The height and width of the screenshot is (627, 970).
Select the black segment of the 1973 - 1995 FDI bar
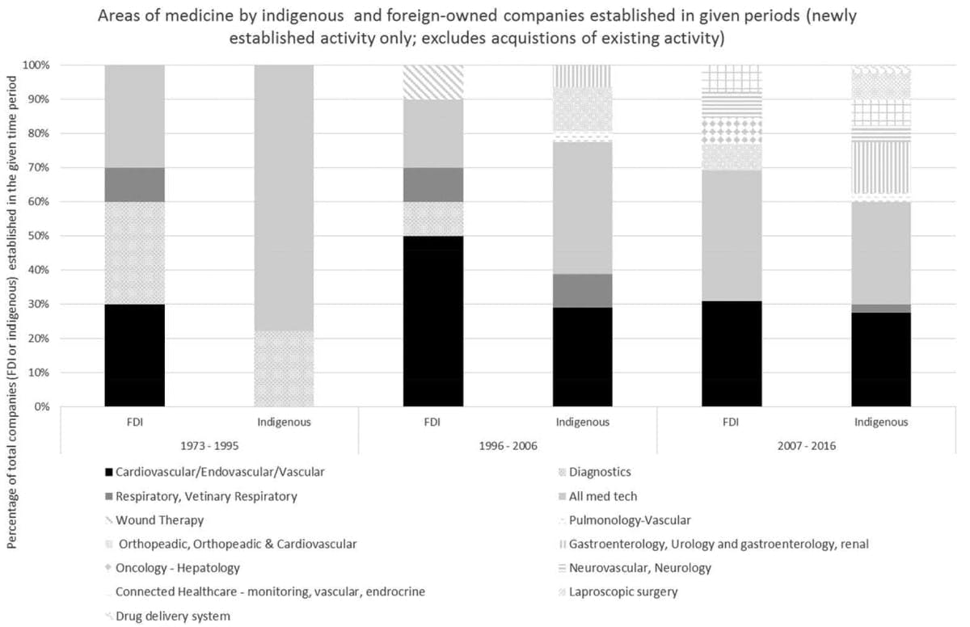[x=135, y=355]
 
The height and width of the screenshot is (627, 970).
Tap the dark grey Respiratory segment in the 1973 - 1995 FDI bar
[x=135, y=184]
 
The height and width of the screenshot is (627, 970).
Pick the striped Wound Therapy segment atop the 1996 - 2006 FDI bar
[x=433, y=82]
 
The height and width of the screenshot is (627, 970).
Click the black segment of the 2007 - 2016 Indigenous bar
[x=881, y=360]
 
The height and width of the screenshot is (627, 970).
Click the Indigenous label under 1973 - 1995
[x=284, y=422]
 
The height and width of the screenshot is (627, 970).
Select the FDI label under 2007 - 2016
[x=732, y=422]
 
